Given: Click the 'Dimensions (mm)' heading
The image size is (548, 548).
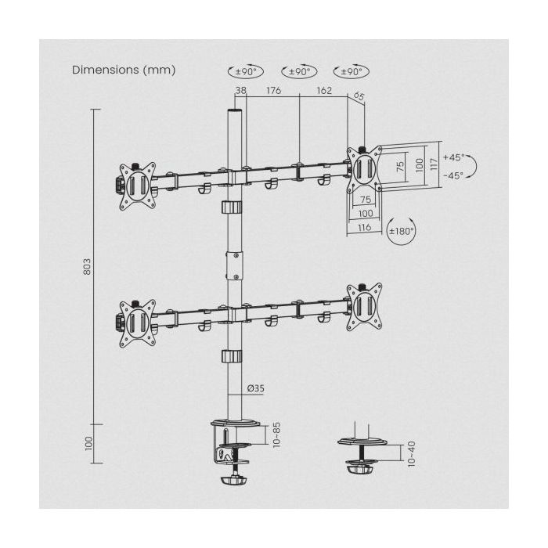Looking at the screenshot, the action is click(x=124, y=70).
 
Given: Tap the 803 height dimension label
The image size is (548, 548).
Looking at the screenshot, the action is click(x=87, y=267).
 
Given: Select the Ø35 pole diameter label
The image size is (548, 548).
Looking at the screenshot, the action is click(x=256, y=388).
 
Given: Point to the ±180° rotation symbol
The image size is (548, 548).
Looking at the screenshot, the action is click(x=402, y=231).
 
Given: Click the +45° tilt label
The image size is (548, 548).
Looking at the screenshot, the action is click(x=454, y=157).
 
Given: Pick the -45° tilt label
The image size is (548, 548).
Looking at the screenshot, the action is click(x=454, y=176).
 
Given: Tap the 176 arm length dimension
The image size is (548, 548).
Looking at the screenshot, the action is click(x=274, y=91).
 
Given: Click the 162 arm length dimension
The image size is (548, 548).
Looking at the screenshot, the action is click(x=324, y=91).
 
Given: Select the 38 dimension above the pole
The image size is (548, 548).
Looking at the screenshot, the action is click(x=241, y=91).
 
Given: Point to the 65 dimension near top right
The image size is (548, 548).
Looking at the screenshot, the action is click(x=359, y=96).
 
